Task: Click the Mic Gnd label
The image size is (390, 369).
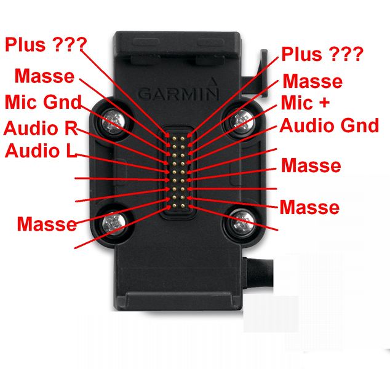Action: coord(43,102)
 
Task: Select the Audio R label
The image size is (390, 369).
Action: coord(41,128)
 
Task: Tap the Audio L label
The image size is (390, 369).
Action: coord(41,151)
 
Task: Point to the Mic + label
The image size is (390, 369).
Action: coord(305,103)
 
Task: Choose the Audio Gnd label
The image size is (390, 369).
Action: coord(329,125)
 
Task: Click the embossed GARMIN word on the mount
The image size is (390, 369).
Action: coord(178,94)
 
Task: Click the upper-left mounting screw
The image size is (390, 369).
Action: coord(113,121)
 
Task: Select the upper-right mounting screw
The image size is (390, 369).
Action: coord(242,121)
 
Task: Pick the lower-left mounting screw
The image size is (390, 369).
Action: coord(113,223)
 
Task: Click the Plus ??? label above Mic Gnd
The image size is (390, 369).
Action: coord(46,44)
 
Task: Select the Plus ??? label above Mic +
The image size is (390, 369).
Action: coord(322,54)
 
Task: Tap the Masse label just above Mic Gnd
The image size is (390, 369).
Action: coord(44,76)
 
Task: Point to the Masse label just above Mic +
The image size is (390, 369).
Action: coord(312,81)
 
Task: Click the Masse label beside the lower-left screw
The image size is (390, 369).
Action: coord(47,224)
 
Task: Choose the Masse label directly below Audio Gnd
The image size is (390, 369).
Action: coord(311,165)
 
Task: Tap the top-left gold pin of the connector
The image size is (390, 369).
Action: coord(174,138)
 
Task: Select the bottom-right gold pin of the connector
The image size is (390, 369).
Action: coord(183,205)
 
